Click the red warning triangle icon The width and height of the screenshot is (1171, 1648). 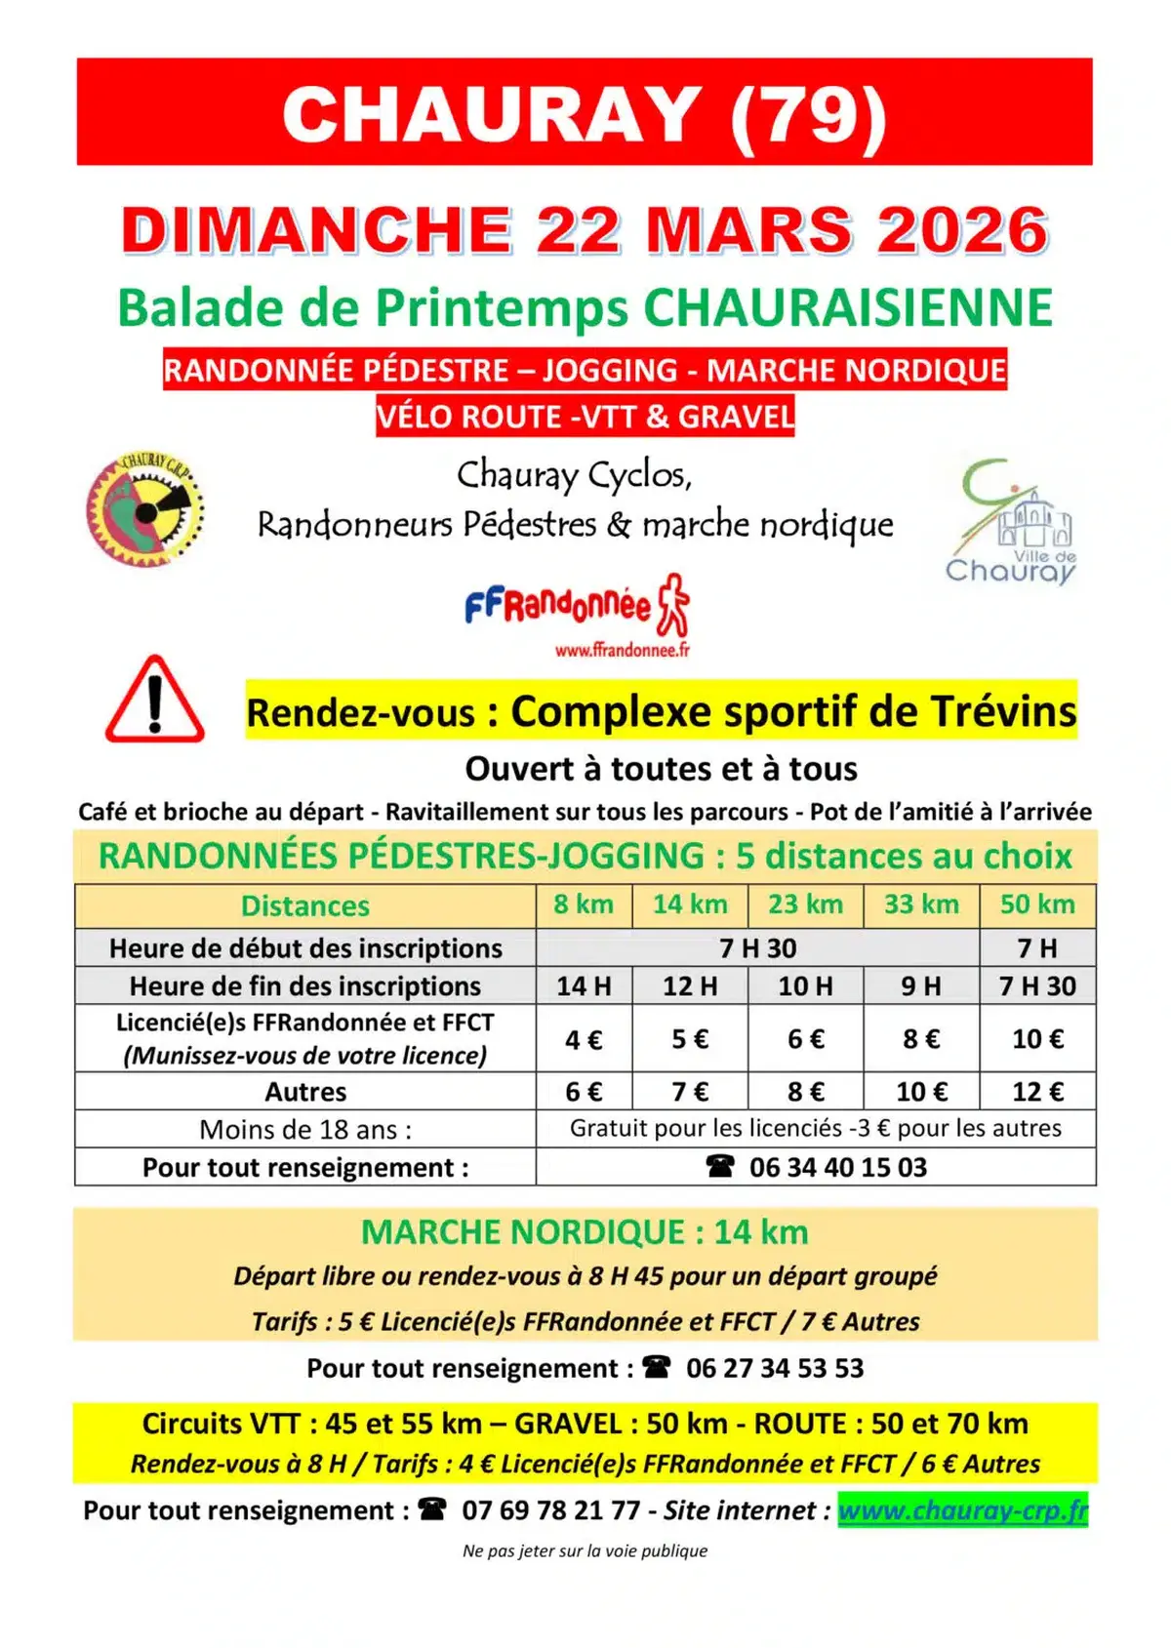154,701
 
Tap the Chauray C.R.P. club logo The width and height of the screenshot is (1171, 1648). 145,509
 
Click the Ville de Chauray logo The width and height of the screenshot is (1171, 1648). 1012,523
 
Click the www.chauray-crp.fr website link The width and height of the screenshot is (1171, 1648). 962,1510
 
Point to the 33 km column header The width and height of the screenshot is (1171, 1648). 921,904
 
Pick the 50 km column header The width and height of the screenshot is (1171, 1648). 1037,904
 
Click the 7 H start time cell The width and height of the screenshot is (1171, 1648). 1036,947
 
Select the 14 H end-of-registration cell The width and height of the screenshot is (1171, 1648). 584,986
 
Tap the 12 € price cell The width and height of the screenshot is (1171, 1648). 1037,1092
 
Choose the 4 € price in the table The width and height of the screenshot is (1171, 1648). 584,1039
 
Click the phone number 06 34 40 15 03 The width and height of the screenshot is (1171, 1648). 837,1167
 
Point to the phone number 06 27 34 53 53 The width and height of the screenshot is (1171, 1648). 775,1368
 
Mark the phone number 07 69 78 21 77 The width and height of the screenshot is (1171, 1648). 551,1510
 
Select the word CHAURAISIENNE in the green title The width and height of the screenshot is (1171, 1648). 848,308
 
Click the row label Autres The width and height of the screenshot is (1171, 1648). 305,1092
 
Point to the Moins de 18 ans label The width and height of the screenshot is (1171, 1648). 305,1130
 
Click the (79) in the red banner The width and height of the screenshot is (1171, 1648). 808,114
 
